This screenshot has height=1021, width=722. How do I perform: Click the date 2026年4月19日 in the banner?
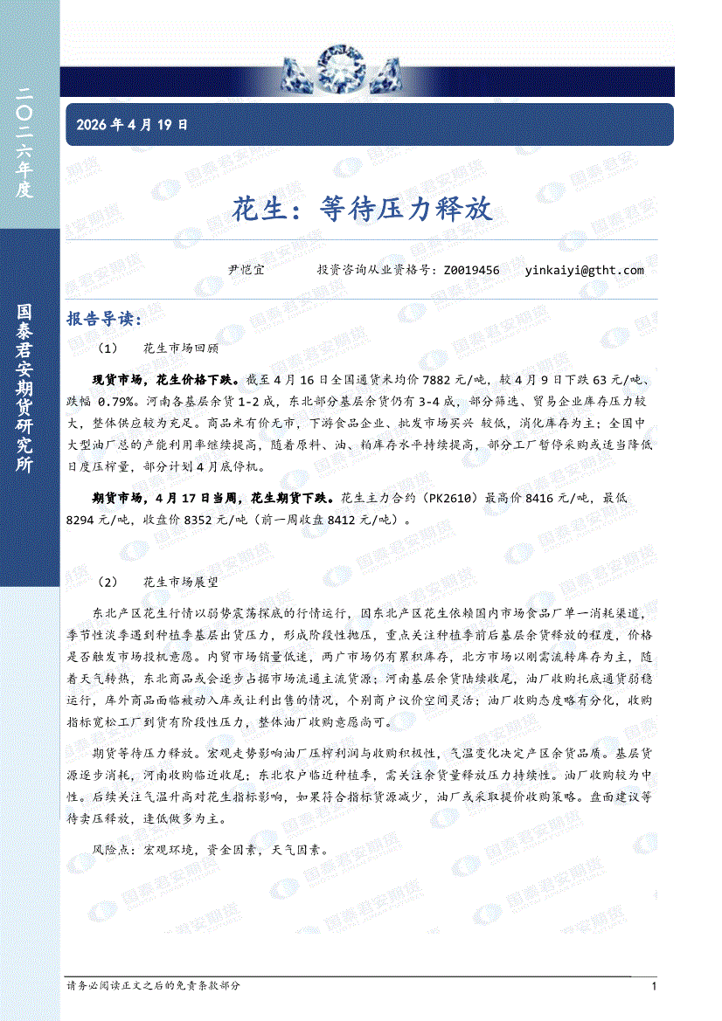click(x=132, y=125)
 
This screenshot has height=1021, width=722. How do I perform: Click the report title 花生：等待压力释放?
click(x=363, y=209)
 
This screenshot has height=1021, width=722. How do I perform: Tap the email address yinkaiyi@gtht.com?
click(x=585, y=270)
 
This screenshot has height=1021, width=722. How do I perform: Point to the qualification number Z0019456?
click(x=472, y=270)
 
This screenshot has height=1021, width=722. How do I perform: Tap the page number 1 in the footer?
click(x=654, y=986)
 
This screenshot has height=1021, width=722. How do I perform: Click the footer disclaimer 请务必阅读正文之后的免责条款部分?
click(x=153, y=985)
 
